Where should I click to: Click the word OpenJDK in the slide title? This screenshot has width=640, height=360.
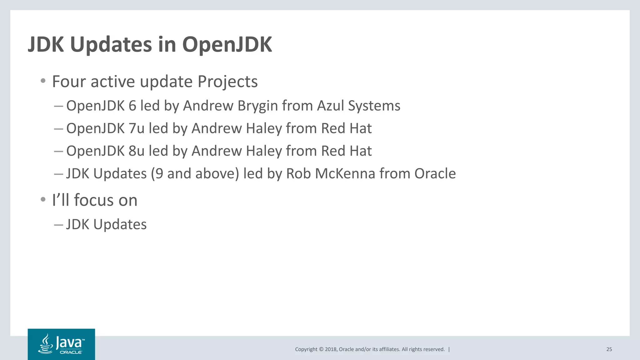227,45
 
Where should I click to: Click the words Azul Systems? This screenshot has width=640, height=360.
358,106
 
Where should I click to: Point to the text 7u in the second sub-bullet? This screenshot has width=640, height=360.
136,128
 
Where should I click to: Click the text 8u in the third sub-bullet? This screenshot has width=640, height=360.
136,151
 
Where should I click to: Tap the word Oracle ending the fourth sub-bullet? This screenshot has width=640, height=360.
435,174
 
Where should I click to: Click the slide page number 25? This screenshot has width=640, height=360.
609,349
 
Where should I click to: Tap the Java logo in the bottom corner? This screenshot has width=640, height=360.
61,344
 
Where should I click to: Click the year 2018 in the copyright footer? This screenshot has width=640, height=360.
331,349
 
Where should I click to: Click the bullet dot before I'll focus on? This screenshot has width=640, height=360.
43,199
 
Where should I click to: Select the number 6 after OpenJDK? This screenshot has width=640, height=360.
132,106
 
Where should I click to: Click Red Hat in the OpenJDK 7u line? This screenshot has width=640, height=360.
346,128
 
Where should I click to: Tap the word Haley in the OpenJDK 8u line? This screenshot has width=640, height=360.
264,151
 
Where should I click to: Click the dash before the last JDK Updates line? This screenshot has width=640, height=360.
58,225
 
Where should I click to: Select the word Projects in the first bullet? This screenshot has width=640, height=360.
227,82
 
